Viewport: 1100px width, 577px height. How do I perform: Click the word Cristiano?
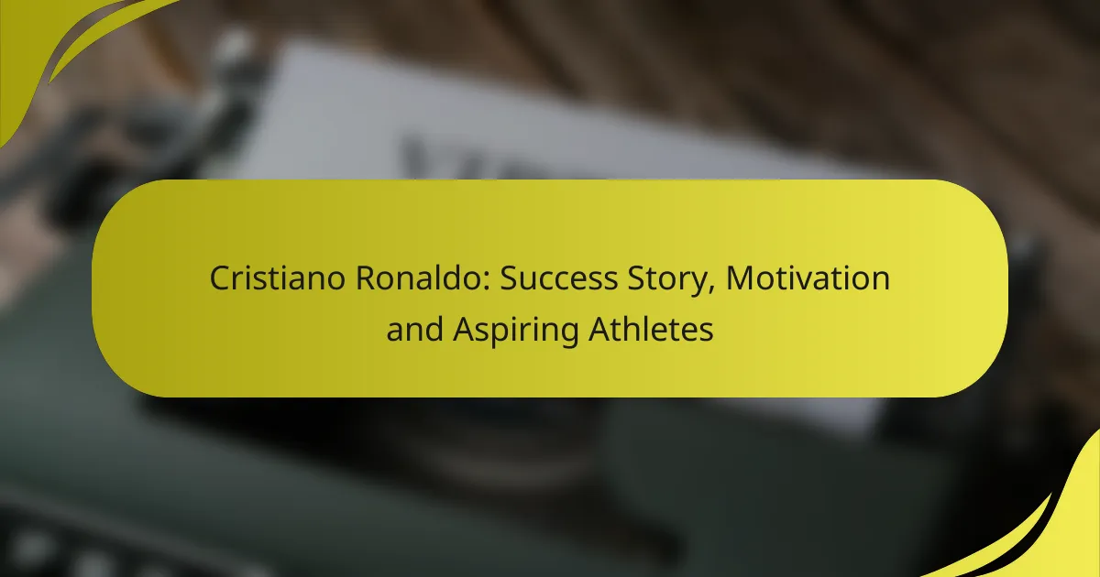(x=267, y=278)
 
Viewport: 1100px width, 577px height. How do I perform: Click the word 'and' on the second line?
(x=414, y=330)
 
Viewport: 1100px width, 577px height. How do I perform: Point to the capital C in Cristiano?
(x=220, y=278)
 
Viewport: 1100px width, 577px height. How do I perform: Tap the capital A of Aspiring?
(x=463, y=330)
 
